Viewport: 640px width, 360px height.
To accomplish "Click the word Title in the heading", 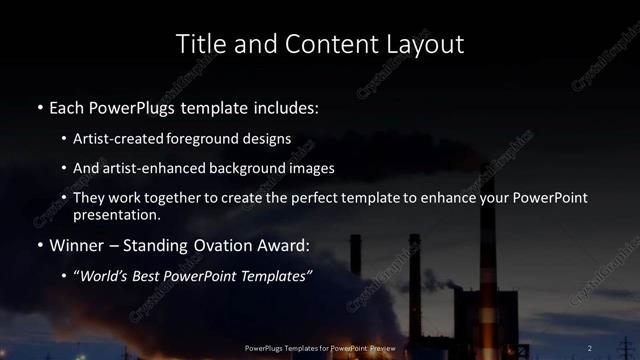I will coord(198,44).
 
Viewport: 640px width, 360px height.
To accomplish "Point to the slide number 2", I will coord(590,347).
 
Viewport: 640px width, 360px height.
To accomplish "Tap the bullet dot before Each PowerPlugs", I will coord(38,106).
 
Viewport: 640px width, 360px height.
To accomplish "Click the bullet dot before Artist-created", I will coord(64,138).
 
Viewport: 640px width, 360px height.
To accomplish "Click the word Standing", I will coord(150,244).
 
